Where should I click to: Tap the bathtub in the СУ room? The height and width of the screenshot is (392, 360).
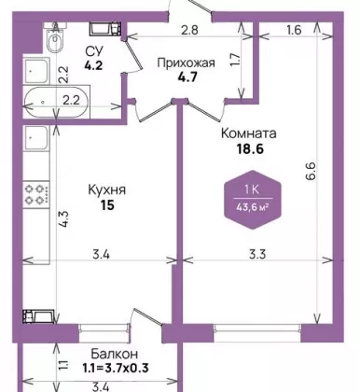[57, 101]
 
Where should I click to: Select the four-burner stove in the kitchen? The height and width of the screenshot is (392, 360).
[36, 194]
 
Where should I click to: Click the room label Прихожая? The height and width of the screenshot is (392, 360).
[186, 63]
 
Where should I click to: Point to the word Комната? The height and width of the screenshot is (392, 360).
[249, 133]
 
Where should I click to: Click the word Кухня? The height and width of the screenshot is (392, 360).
[107, 189]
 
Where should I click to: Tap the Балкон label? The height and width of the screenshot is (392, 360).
[115, 354]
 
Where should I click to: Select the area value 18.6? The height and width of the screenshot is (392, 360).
[250, 149]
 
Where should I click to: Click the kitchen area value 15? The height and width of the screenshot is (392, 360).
[107, 205]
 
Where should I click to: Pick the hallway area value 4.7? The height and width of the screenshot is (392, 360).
[187, 77]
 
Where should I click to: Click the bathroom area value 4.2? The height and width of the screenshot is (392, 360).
[94, 65]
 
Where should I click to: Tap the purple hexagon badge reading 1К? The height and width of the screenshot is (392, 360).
[253, 200]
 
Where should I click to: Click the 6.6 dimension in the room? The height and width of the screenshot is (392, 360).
[312, 170]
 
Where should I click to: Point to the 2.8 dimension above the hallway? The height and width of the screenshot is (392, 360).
[189, 30]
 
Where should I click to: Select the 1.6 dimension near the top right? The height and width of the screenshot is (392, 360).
[294, 30]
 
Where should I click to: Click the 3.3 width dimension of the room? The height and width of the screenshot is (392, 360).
[257, 255]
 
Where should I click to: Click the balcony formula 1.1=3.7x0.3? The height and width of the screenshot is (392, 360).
[116, 369]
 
